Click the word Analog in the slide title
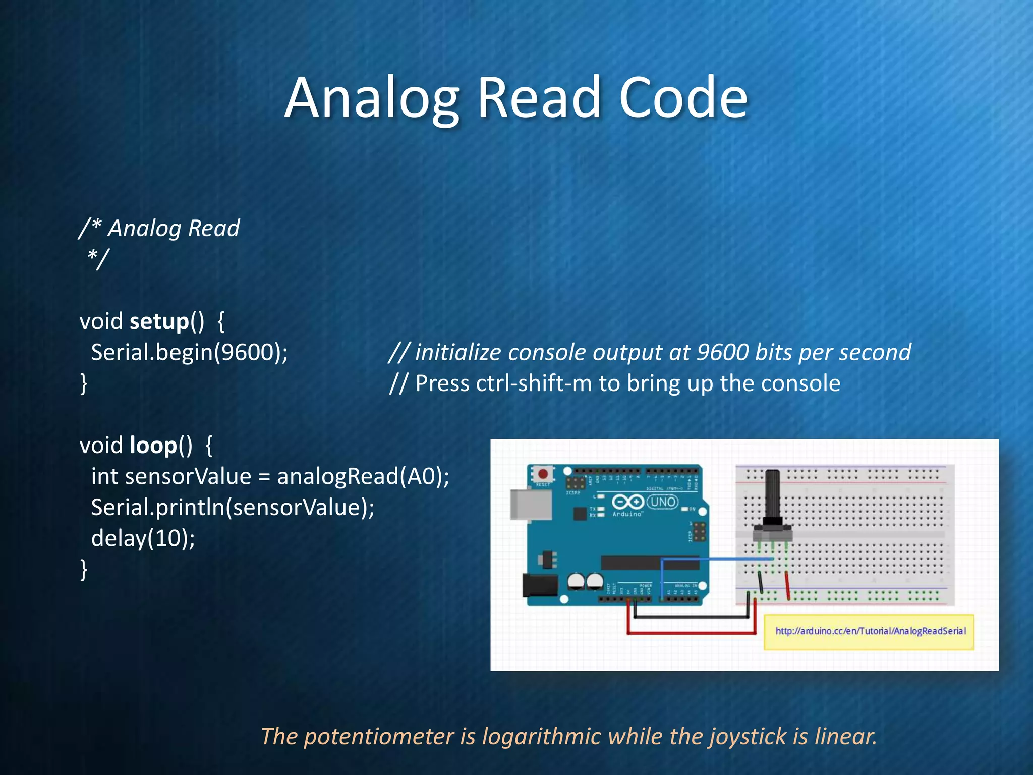tap(372, 99)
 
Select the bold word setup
tap(159, 322)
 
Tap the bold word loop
tap(153, 446)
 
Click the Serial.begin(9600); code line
tap(189, 352)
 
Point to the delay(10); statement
tap(143, 538)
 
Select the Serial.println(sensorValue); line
tap(233, 507)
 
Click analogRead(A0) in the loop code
tap(362, 476)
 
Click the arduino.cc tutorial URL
tap(871, 631)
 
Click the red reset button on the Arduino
tap(543, 474)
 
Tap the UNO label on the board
tap(663, 502)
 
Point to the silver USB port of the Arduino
tap(531, 504)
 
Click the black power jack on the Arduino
tap(540, 585)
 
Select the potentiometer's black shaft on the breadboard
tap(772, 494)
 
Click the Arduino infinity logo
tap(627, 502)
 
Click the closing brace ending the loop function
tap(84, 570)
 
